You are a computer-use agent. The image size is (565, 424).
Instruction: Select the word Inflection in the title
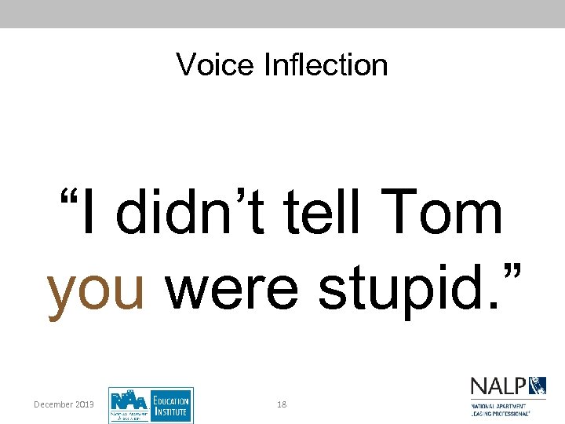point(326,64)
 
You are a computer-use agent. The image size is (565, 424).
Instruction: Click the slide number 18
point(282,404)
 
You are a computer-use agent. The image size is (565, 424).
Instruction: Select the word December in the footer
point(53,404)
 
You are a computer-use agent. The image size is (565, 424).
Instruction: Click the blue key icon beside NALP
point(538,386)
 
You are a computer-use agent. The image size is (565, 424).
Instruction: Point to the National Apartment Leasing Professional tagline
point(499,408)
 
